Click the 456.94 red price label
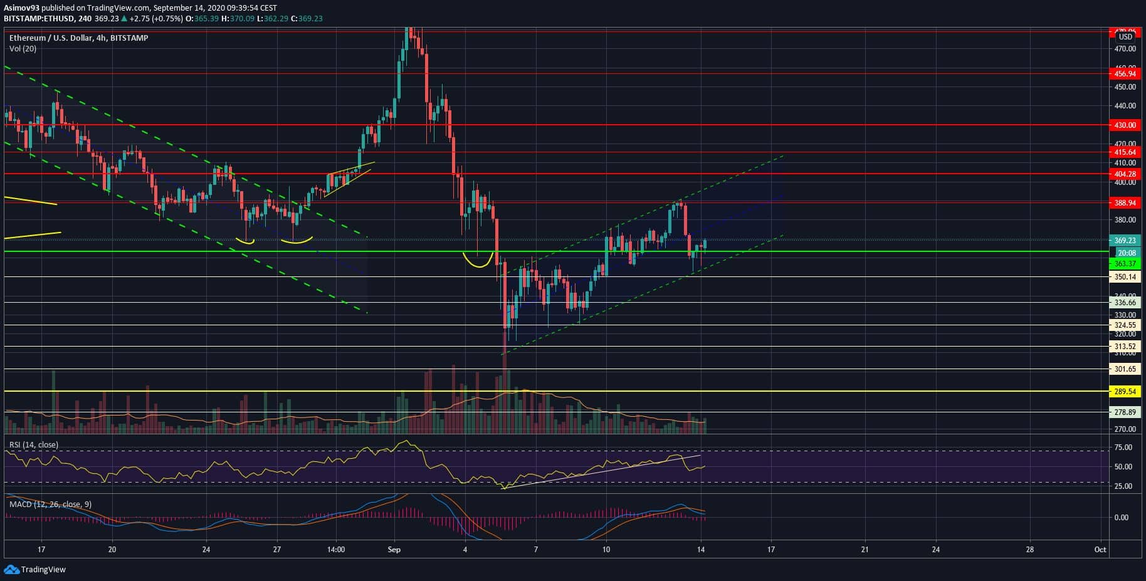1125,74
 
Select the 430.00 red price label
1125,125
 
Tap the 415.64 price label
1125,152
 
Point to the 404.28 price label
1125,174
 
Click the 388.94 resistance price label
1125,203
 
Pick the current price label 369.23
1125,241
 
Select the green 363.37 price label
1125,264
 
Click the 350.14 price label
1125,277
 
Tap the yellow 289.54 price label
1125,392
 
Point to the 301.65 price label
1125,370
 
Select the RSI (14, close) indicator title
34,445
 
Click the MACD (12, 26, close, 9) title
50,505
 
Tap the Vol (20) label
23,48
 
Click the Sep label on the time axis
394,550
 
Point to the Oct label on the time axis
1100,550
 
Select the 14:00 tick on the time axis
336,550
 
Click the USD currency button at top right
1125,37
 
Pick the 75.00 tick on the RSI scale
1123,448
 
